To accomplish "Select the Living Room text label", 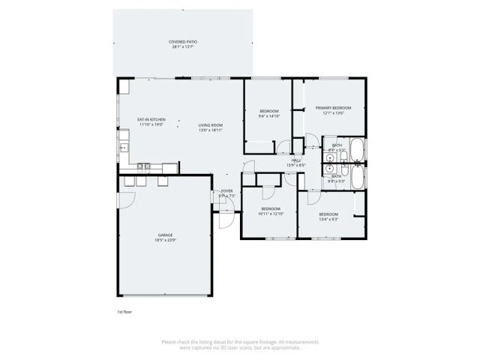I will [211, 124].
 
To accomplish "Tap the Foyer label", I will [226, 191].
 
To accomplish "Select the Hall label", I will [296, 160].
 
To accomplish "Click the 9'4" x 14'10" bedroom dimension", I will [268, 116].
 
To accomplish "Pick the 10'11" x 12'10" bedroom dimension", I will [271, 214].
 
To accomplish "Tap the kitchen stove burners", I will [144, 166].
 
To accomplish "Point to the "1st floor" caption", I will [124, 310].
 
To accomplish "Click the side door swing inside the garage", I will [127, 198].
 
